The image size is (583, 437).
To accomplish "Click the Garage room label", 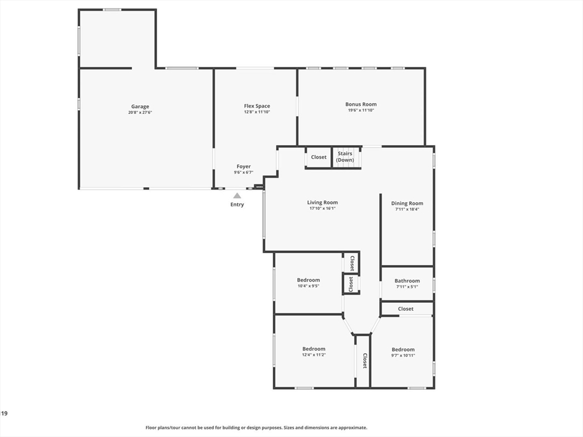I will click(x=140, y=106).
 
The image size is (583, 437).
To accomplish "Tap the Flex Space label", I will click(x=257, y=106).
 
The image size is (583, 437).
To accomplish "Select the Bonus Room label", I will click(x=361, y=104).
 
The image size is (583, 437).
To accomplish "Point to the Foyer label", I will click(x=244, y=167).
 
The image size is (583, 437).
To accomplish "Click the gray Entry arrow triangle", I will click(x=237, y=196).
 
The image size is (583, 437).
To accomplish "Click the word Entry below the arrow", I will click(x=237, y=205).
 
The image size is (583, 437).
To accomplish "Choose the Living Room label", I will click(x=322, y=203).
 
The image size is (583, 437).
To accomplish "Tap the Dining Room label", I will click(x=407, y=203).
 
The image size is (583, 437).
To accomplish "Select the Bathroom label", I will click(x=407, y=281).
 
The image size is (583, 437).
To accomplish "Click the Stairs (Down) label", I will click(x=345, y=156).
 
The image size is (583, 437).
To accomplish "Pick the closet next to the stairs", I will click(x=319, y=157).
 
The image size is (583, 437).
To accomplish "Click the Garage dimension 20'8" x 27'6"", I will click(x=140, y=113).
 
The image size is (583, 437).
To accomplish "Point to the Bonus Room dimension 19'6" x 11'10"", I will click(x=361, y=110).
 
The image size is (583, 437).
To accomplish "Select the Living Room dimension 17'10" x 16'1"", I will click(x=322, y=209).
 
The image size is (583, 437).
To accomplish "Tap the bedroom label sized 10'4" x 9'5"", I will click(x=308, y=280).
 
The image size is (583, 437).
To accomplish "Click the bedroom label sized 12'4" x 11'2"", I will click(x=314, y=349).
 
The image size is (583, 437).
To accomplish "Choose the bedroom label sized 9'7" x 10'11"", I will click(x=403, y=349).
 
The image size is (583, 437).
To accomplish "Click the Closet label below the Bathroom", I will click(x=406, y=309).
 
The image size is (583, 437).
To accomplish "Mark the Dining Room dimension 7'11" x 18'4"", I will click(x=407, y=209).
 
